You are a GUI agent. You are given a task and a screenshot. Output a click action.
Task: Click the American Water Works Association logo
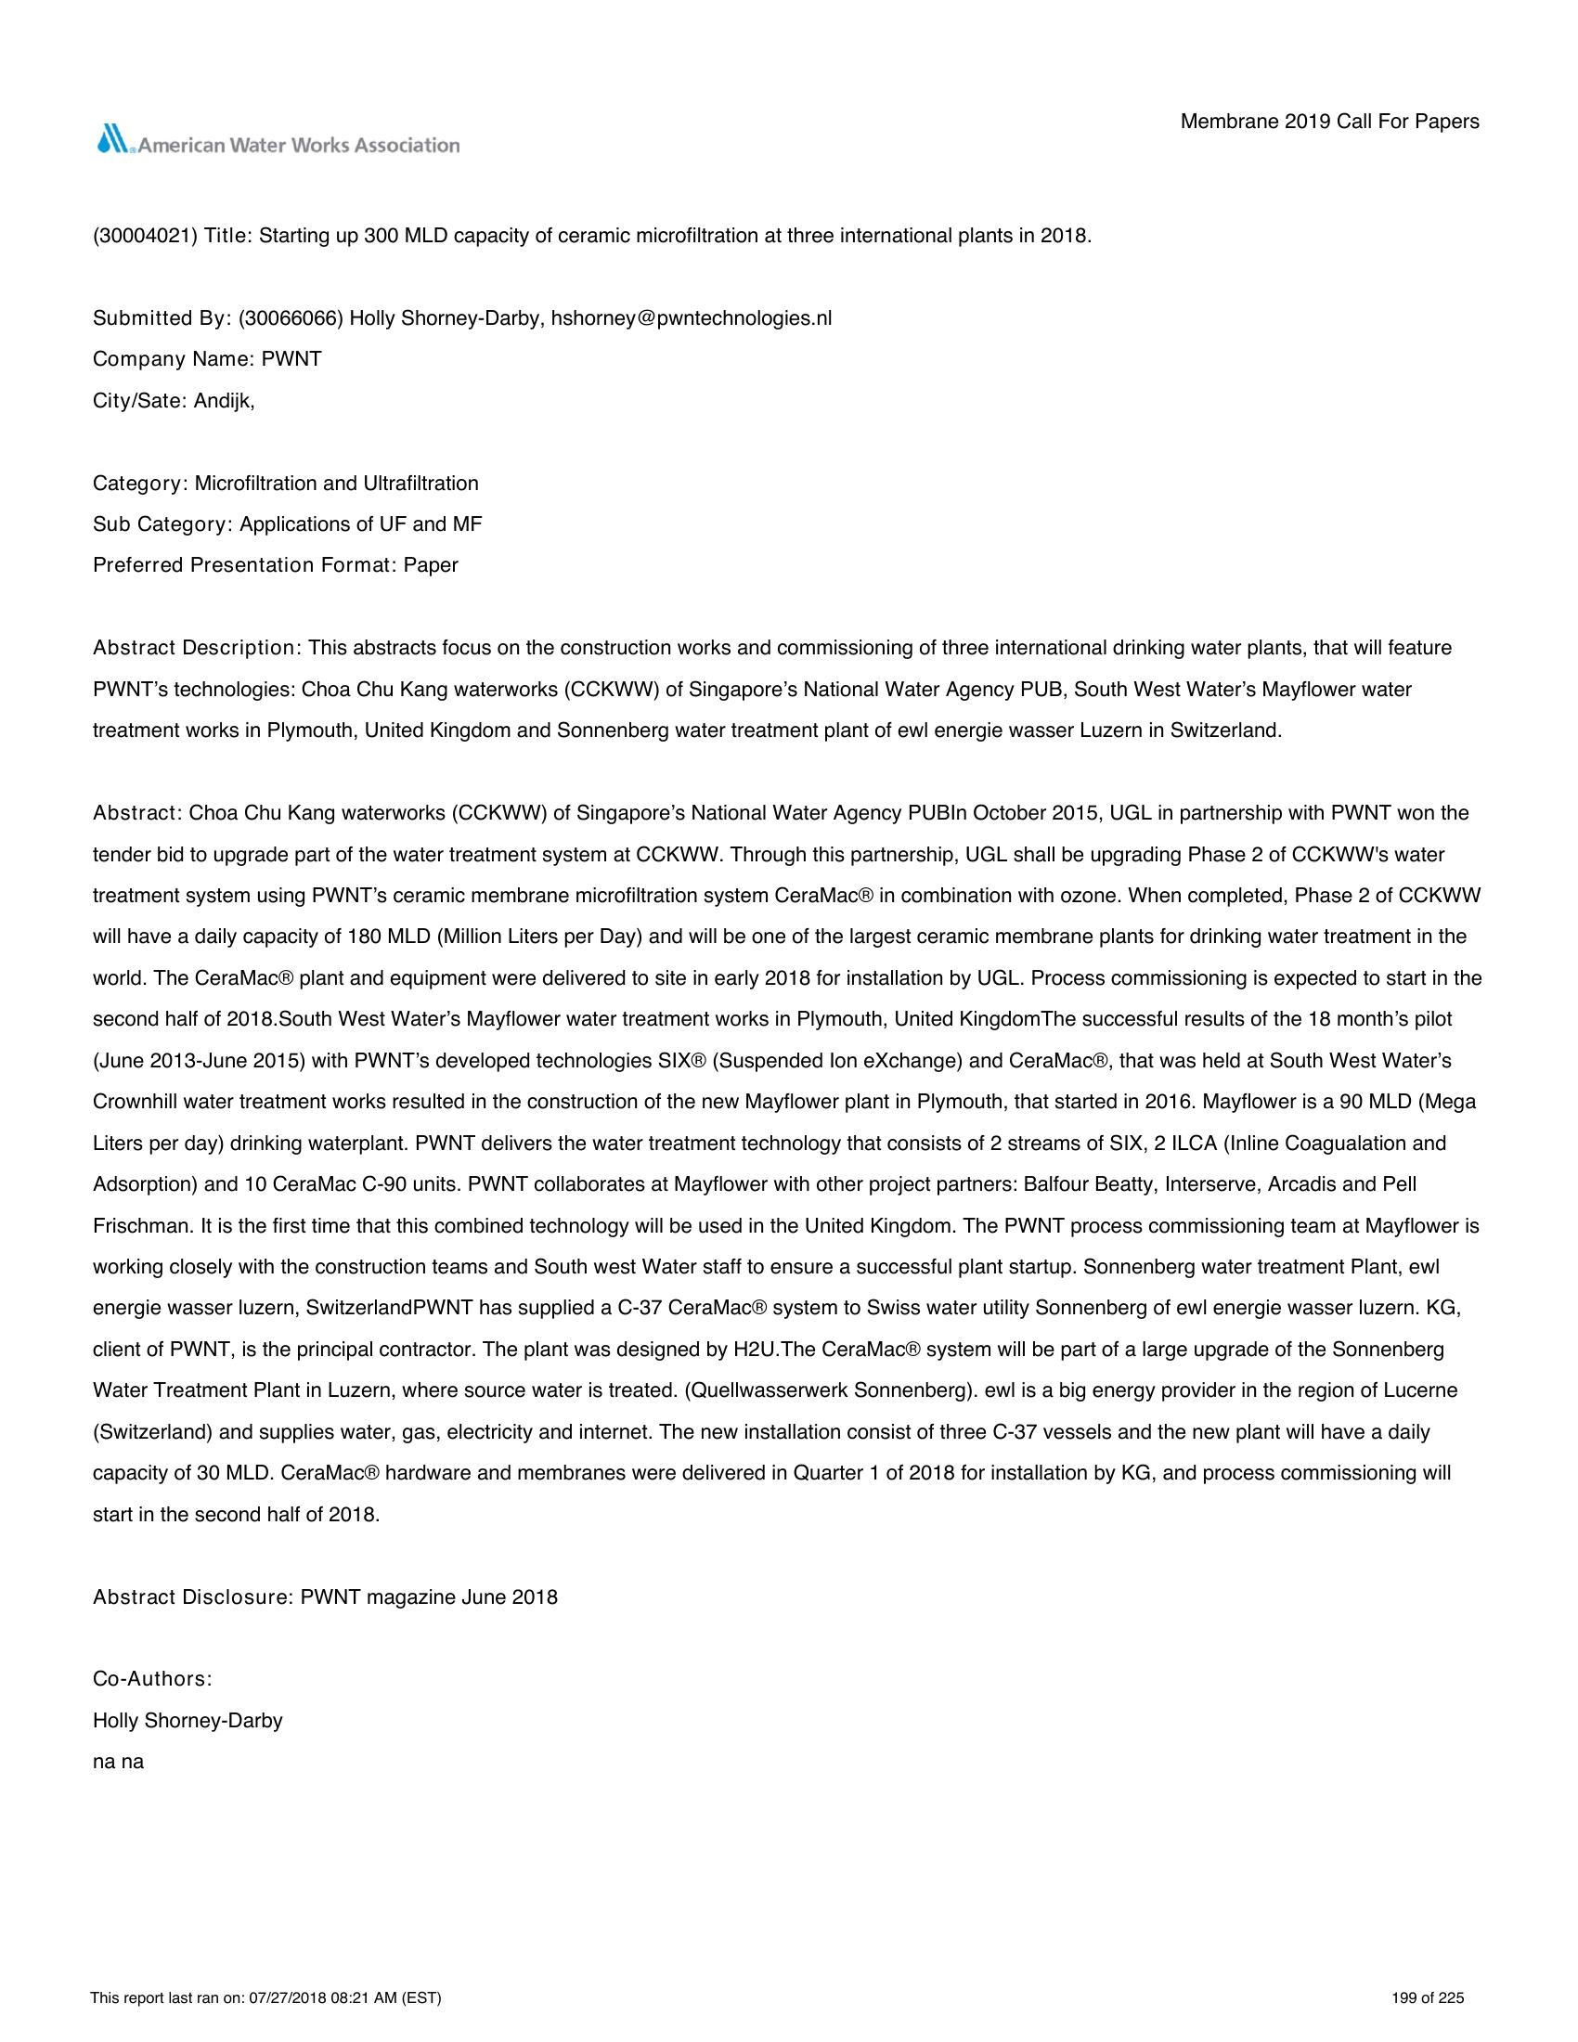click(278, 141)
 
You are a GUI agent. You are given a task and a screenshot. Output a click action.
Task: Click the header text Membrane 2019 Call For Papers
click(1329, 122)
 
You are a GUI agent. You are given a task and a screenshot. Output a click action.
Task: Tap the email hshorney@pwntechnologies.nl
click(691, 317)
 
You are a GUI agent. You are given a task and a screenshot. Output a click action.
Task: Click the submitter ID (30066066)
click(291, 317)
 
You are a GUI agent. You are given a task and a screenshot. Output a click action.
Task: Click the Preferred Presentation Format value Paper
click(430, 564)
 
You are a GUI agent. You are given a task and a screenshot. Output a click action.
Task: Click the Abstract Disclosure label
click(193, 1596)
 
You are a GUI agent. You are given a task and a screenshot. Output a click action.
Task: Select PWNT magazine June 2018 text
click(428, 1596)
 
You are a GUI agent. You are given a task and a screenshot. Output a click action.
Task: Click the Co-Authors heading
click(152, 1678)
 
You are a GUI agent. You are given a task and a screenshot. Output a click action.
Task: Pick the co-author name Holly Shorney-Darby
click(187, 1720)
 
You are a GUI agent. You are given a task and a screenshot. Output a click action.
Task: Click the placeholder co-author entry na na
click(118, 1762)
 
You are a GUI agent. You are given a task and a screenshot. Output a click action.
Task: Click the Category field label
click(140, 483)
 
